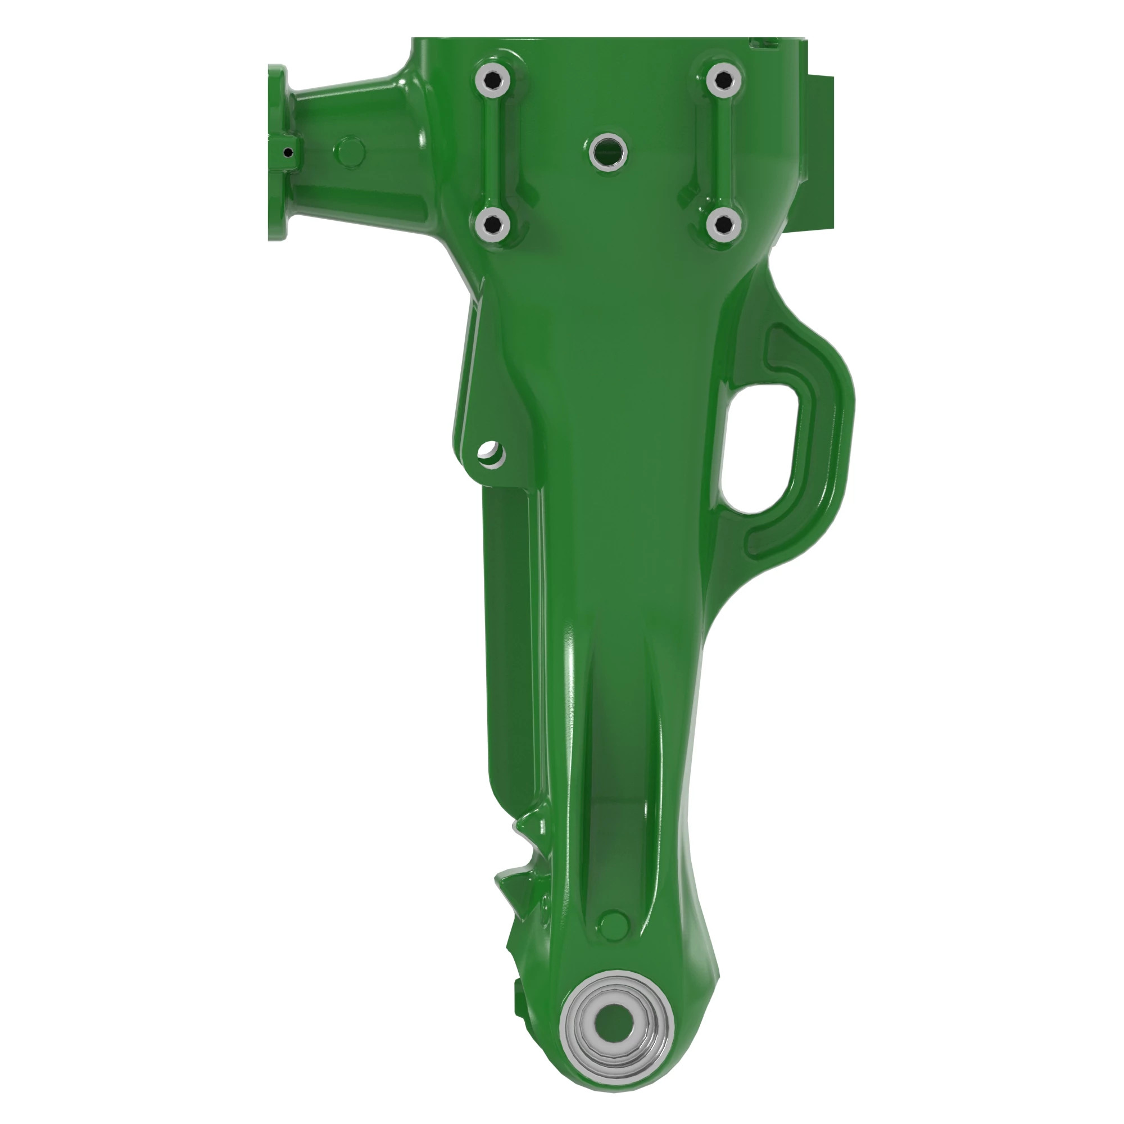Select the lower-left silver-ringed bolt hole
[x=492, y=224]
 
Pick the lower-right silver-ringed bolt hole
[x=723, y=224]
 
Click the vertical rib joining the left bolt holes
[x=493, y=151]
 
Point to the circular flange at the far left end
[x=277, y=152]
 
